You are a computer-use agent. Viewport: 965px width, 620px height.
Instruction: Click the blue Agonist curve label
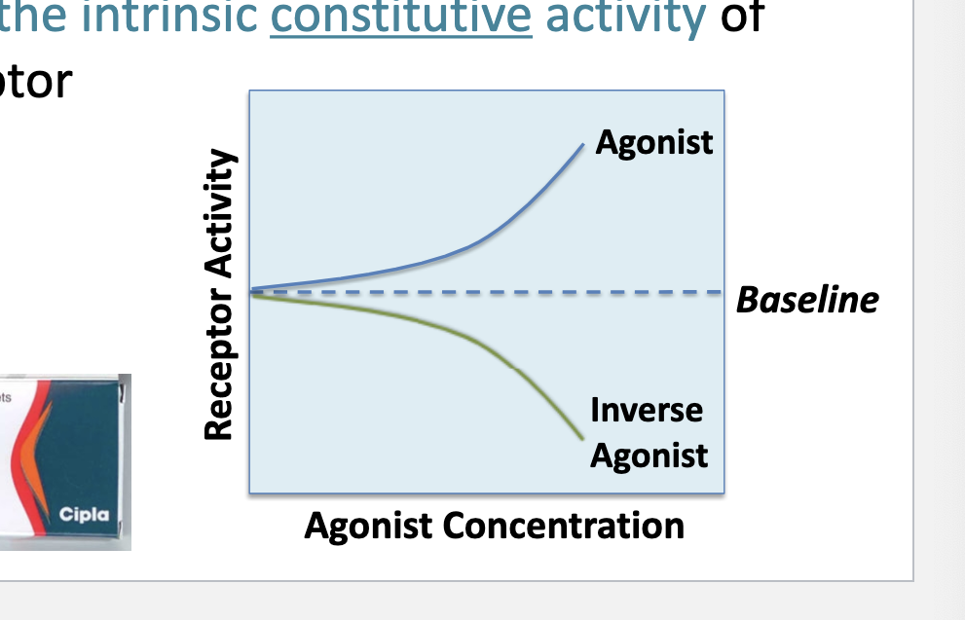pos(653,143)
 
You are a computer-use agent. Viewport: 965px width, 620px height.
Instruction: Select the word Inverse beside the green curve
pos(646,410)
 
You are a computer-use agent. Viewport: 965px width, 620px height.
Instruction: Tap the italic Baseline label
pos(807,300)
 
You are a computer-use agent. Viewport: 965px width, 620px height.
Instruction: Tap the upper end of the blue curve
pos(582,145)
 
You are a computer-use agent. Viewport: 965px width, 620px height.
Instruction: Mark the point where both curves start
pos(252,290)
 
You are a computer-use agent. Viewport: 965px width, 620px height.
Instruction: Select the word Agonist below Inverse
pos(649,455)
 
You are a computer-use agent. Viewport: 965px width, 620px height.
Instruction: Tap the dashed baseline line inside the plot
pos(487,291)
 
